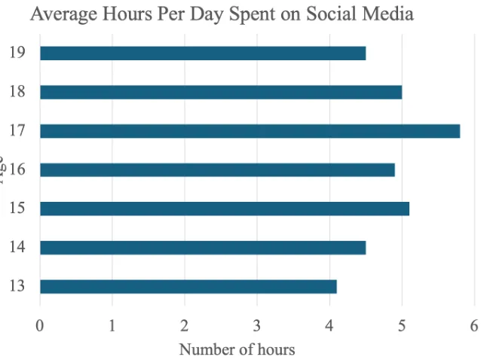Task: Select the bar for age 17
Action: [x=250, y=131]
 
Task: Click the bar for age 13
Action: [x=188, y=286]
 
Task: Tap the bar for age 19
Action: [x=202, y=53]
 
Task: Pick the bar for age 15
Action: [x=224, y=209]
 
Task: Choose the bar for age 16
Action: [x=217, y=169]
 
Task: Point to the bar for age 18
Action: [x=220, y=92]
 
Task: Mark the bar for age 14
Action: [x=202, y=247]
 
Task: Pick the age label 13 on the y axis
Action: [x=17, y=286]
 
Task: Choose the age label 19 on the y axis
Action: [x=17, y=53]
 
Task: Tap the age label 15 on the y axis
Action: [x=17, y=209]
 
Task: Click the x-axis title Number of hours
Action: [x=237, y=349]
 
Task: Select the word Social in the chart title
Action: [x=337, y=14]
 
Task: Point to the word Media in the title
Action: [x=391, y=14]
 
